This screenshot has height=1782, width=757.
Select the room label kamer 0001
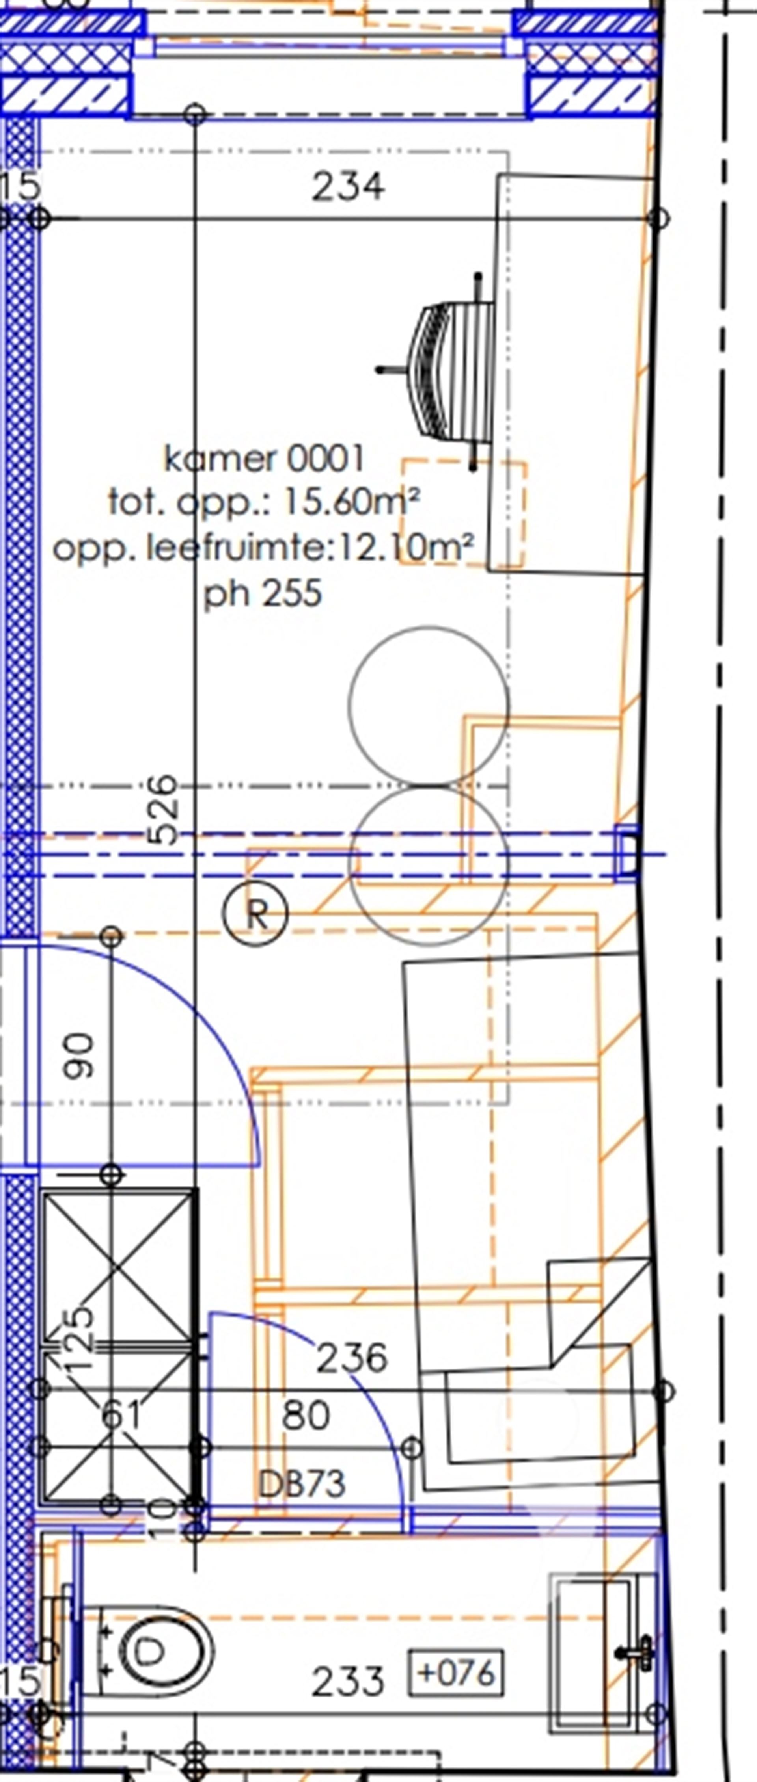click(x=264, y=459)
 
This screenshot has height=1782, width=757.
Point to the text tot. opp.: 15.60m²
click(x=264, y=502)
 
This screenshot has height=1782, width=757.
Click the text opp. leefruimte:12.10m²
click(x=264, y=548)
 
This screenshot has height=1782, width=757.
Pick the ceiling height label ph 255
click(x=263, y=593)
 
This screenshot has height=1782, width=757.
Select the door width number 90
click(x=78, y=1055)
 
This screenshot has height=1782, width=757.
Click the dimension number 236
click(x=352, y=1358)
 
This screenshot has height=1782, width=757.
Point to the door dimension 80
click(x=306, y=1415)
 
